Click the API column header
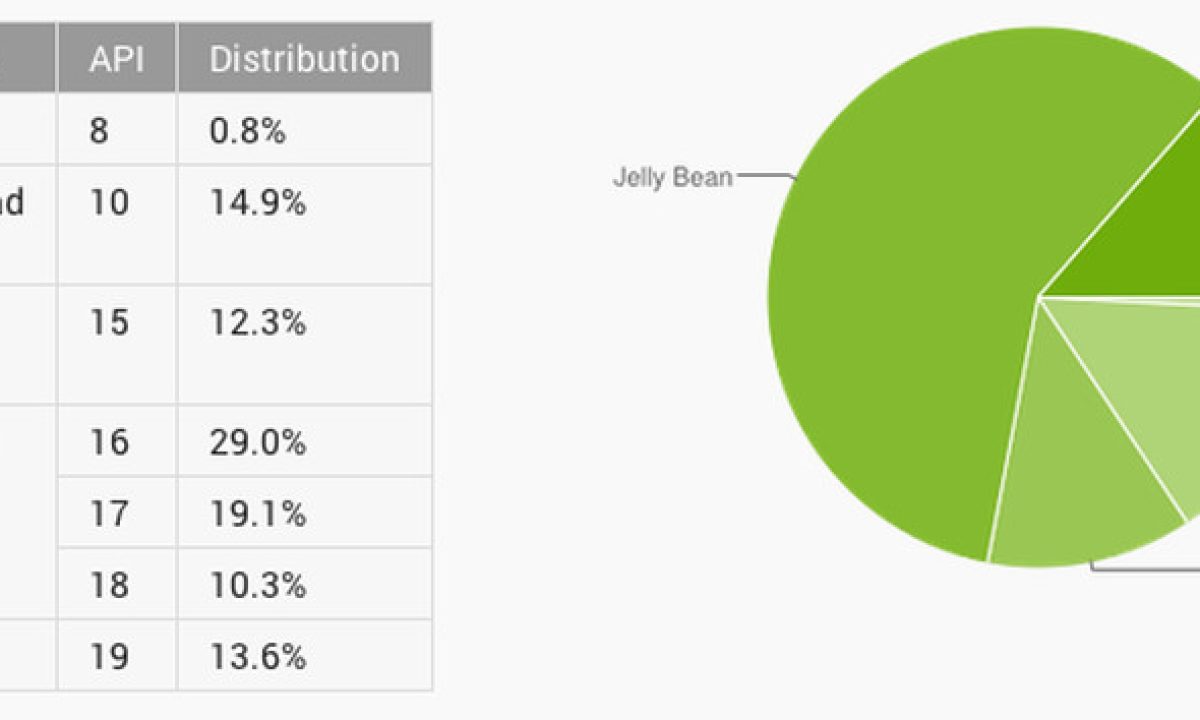117,59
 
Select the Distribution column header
304,59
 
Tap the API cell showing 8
99,131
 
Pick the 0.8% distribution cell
247,131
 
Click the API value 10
109,203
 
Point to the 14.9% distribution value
257,203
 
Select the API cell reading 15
109,323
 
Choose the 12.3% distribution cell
257,323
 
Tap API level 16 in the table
109,442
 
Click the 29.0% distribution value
257,442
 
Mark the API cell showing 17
109,514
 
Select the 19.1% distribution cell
257,514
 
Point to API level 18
109,585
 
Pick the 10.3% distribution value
257,585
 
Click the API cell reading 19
109,657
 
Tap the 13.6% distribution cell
257,657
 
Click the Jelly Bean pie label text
672,179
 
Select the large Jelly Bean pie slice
900,300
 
